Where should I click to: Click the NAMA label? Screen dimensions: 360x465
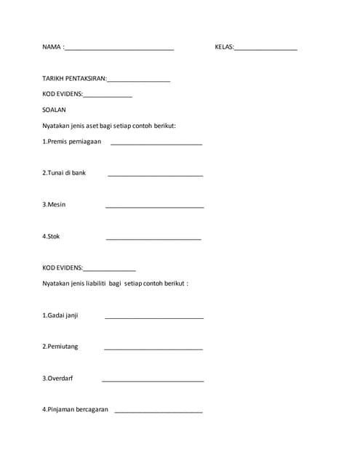point(52,47)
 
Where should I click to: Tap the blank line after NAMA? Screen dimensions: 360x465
point(119,49)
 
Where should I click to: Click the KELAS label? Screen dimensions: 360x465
point(223,47)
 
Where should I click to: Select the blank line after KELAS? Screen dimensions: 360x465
point(265,49)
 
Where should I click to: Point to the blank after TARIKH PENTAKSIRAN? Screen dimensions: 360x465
point(139,81)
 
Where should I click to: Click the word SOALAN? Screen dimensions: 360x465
point(54,110)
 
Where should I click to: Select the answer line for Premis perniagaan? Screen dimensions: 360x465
point(156,144)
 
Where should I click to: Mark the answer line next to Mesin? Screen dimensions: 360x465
point(154,207)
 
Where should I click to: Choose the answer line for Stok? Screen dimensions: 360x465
point(153,238)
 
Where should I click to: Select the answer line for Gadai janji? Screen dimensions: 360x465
point(154,318)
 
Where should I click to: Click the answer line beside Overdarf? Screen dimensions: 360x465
point(153,381)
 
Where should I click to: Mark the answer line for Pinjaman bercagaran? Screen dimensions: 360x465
point(159,412)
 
